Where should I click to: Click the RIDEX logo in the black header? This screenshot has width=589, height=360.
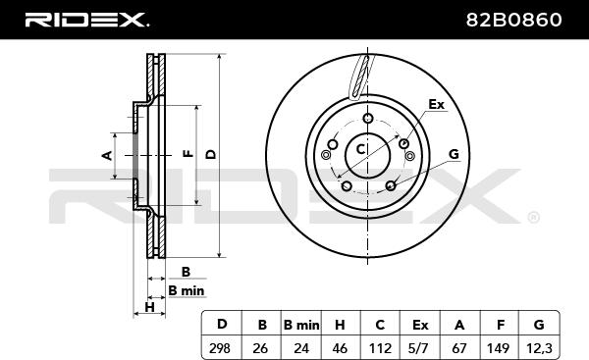pyautogui.click(x=86, y=20)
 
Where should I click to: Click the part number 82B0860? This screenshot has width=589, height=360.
pyautogui.click(x=513, y=20)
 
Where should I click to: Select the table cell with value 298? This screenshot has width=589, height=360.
pyautogui.click(x=220, y=348)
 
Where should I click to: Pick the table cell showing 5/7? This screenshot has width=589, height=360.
pyautogui.click(x=418, y=348)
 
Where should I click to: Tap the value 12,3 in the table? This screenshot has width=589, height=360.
pyautogui.click(x=539, y=348)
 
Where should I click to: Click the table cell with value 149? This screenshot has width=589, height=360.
pyautogui.click(x=498, y=348)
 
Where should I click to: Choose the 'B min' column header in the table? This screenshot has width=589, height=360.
pyautogui.click(x=301, y=325)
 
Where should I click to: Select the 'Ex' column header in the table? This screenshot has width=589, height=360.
pyautogui.click(x=420, y=325)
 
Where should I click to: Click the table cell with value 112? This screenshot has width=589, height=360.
pyautogui.click(x=380, y=348)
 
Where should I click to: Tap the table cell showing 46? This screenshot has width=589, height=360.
pyautogui.click(x=340, y=348)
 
